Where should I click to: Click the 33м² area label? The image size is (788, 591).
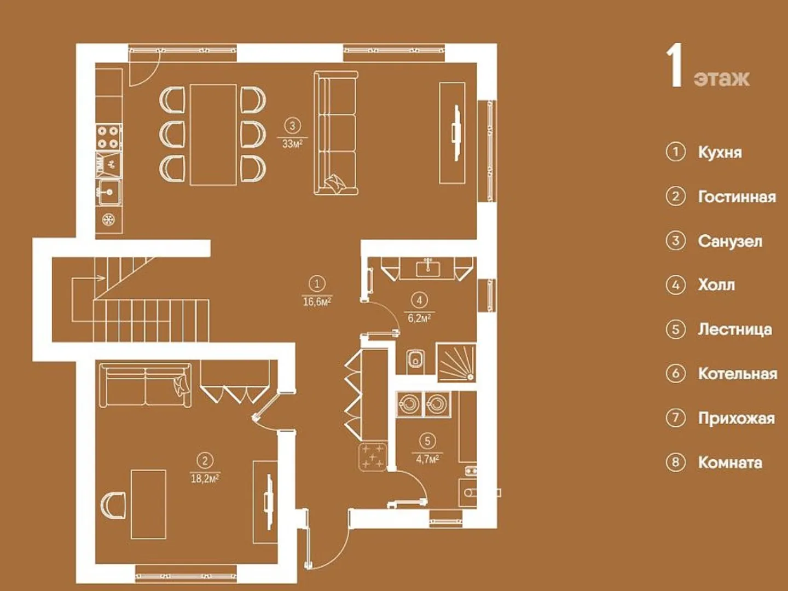coord(292,144)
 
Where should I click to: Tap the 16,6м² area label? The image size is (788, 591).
coord(317,302)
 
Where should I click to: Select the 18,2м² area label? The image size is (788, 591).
coord(205,478)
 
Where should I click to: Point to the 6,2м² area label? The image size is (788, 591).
coord(419,318)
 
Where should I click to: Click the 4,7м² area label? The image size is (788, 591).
coord(427,459)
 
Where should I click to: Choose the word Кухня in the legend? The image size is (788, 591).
coord(720,153)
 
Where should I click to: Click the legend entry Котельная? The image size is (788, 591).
coord(737,374)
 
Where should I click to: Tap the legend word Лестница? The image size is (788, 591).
coord(735,330)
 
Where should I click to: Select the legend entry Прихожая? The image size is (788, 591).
coord(737,418)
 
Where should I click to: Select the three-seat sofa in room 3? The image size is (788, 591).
coord(336,133)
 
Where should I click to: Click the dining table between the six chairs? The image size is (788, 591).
coord(213,135)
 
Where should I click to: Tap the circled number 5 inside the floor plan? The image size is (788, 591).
coord(427,441)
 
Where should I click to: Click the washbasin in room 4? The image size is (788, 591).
coord(428,268)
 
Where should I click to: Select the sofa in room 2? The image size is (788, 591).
coord(146,385)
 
